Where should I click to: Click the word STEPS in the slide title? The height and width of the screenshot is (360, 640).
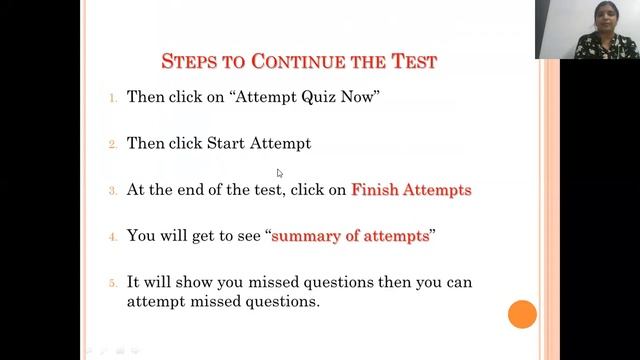coord(189,62)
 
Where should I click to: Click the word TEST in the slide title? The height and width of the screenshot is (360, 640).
coord(411,62)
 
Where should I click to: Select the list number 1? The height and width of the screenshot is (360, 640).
coord(113,98)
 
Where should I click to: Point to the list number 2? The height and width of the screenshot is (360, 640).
coord(113,144)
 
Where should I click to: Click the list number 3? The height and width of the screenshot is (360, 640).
coord(113,190)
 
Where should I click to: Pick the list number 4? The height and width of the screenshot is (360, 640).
coord(113,237)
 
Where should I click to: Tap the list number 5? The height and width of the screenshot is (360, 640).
coord(113,283)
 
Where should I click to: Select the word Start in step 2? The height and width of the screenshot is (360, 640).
coord(225,143)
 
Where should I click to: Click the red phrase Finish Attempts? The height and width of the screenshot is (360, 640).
coord(411,189)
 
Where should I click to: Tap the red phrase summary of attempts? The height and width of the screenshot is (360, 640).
coord(350,236)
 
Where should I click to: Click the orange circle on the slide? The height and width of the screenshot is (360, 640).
coord(522,314)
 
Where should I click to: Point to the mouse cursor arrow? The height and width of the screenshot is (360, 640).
coord(280,173)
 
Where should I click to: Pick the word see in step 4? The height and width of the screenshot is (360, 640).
coord(246,236)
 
